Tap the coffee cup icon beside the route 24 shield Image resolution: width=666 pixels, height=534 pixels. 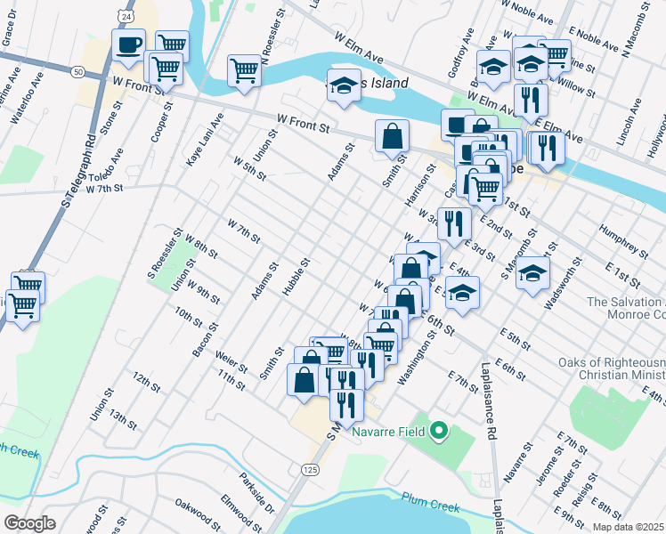[x=128, y=44]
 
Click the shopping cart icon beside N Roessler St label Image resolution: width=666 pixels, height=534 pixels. [x=244, y=69]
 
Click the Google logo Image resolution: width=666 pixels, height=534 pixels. [x=29, y=523]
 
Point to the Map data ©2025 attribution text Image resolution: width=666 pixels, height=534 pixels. [x=628, y=527]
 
